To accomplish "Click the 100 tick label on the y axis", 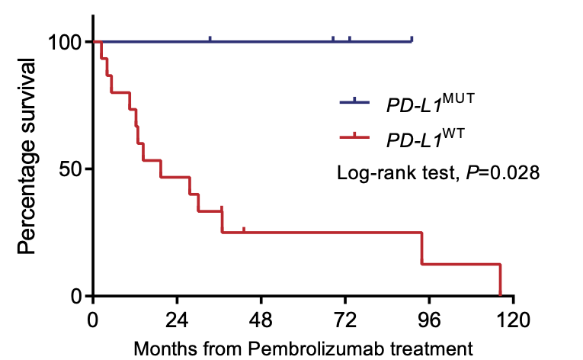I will (x=64, y=42).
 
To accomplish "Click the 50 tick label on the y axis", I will (x=70, y=169).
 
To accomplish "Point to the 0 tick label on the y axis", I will (x=77, y=296).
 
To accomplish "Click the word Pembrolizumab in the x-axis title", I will (x=305, y=349).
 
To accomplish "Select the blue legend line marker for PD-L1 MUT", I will (x=354, y=101).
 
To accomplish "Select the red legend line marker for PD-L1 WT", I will (x=354, y=138).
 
